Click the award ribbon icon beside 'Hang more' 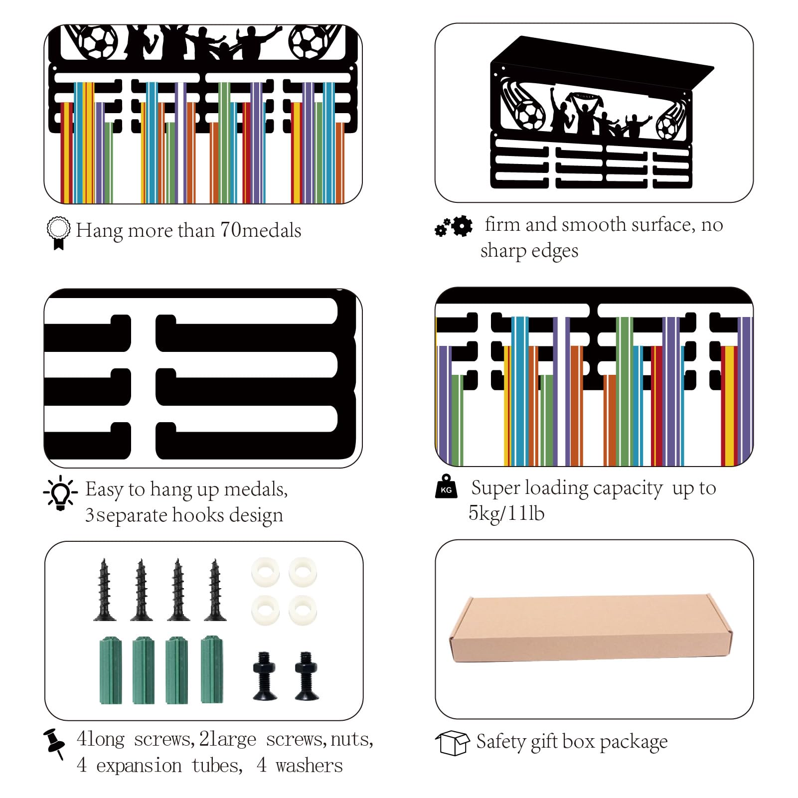(x=58, y=233)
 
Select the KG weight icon (x=446, y=486)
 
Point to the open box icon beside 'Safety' (x=452, y=743)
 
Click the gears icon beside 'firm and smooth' (x=454, y=226)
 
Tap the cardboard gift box (x=591, y=628)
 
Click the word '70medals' (x=261, y=230)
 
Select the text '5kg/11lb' (x=506, y=513)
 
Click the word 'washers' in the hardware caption (x=309, y=766)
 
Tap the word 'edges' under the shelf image (x=555, y=251)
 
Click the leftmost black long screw (x=105, y=590)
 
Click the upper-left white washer (x=265, y=572)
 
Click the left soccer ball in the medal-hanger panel (x=98, y=42)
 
